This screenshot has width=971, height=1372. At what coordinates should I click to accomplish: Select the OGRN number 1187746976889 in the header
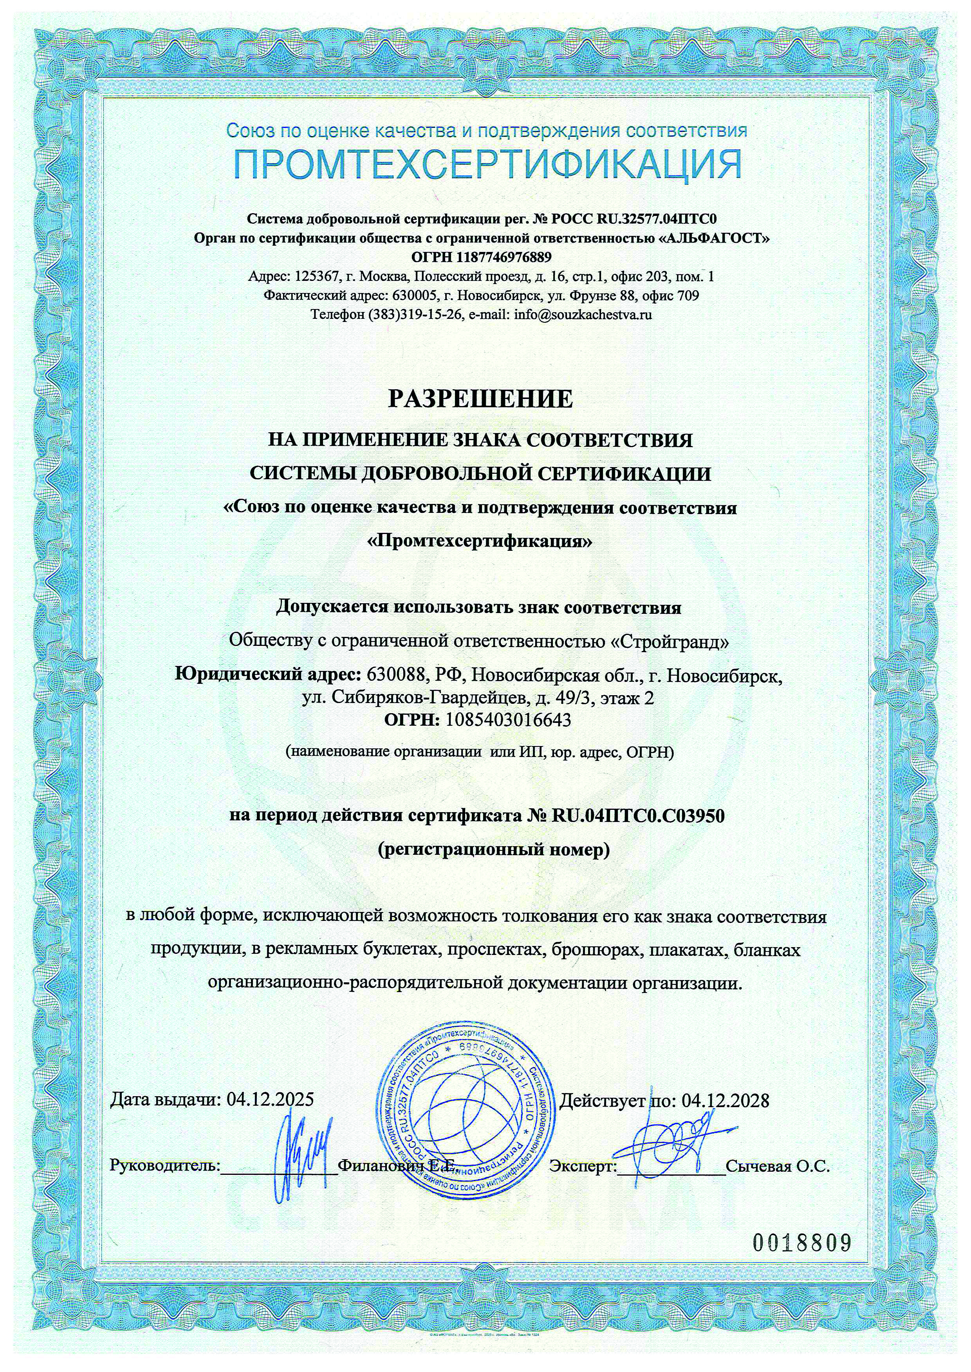coord(504,257)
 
